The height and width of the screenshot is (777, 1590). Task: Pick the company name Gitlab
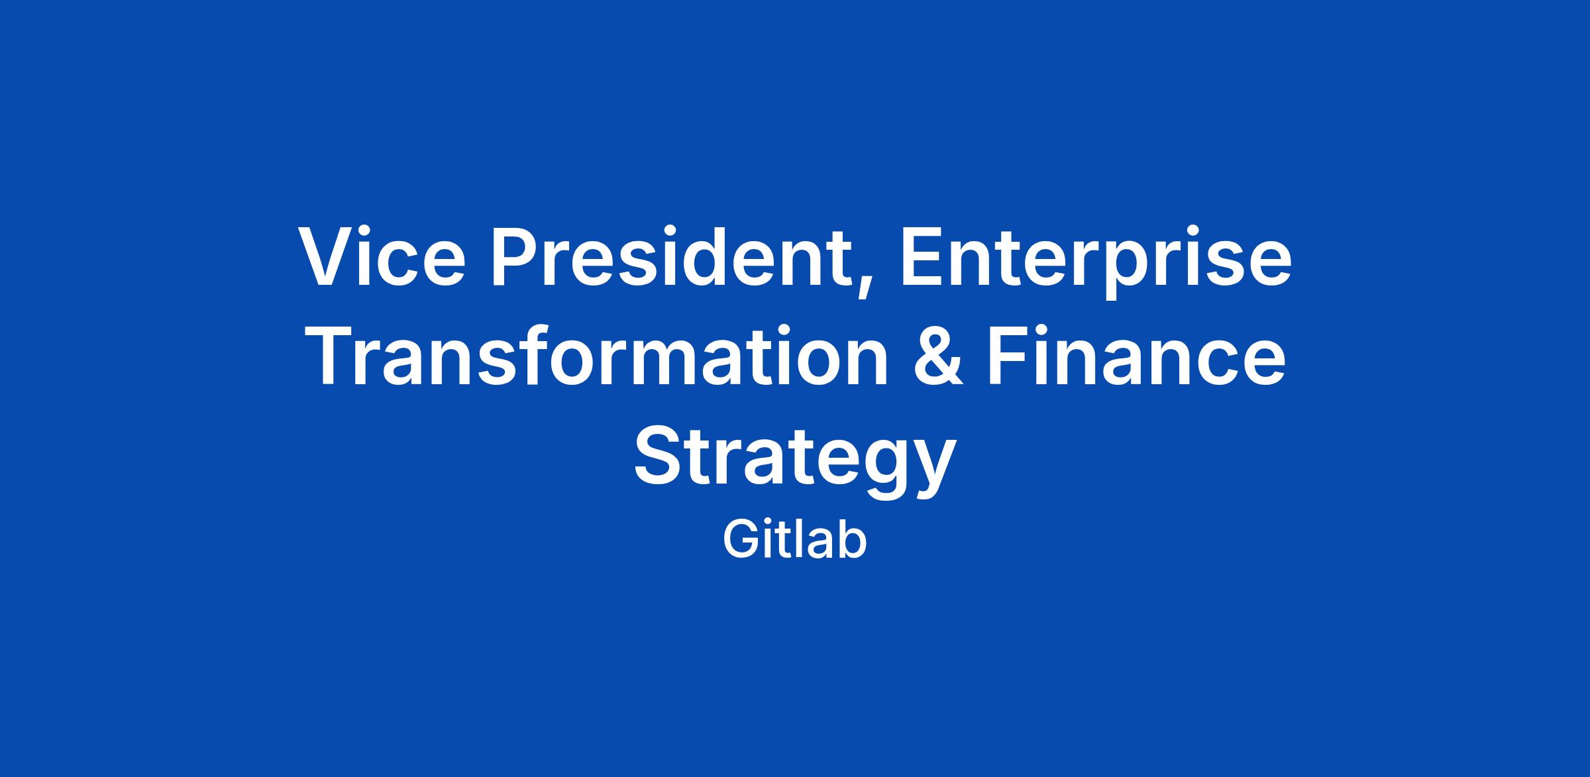tap(795, 541)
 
